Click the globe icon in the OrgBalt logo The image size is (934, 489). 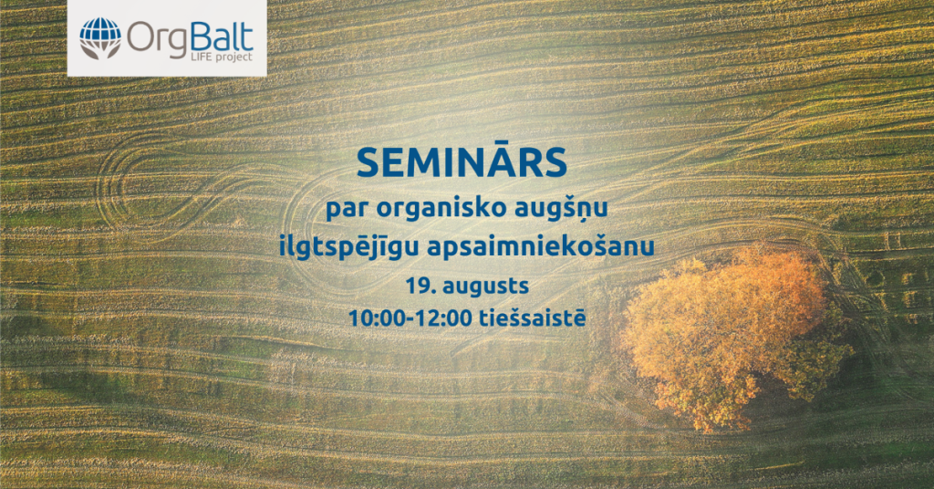pyautogui.click(x=99, y=37)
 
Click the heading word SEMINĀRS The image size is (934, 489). pyautogui.click(x=462, y=162)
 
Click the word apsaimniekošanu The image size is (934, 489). pyautogui.click(x=541, y=245)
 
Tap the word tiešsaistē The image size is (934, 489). pyautogui.click(x=533, y=317)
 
